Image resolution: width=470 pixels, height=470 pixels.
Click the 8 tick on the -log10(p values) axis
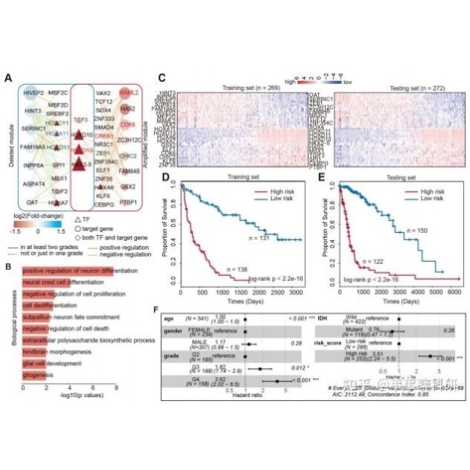(117, 388)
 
